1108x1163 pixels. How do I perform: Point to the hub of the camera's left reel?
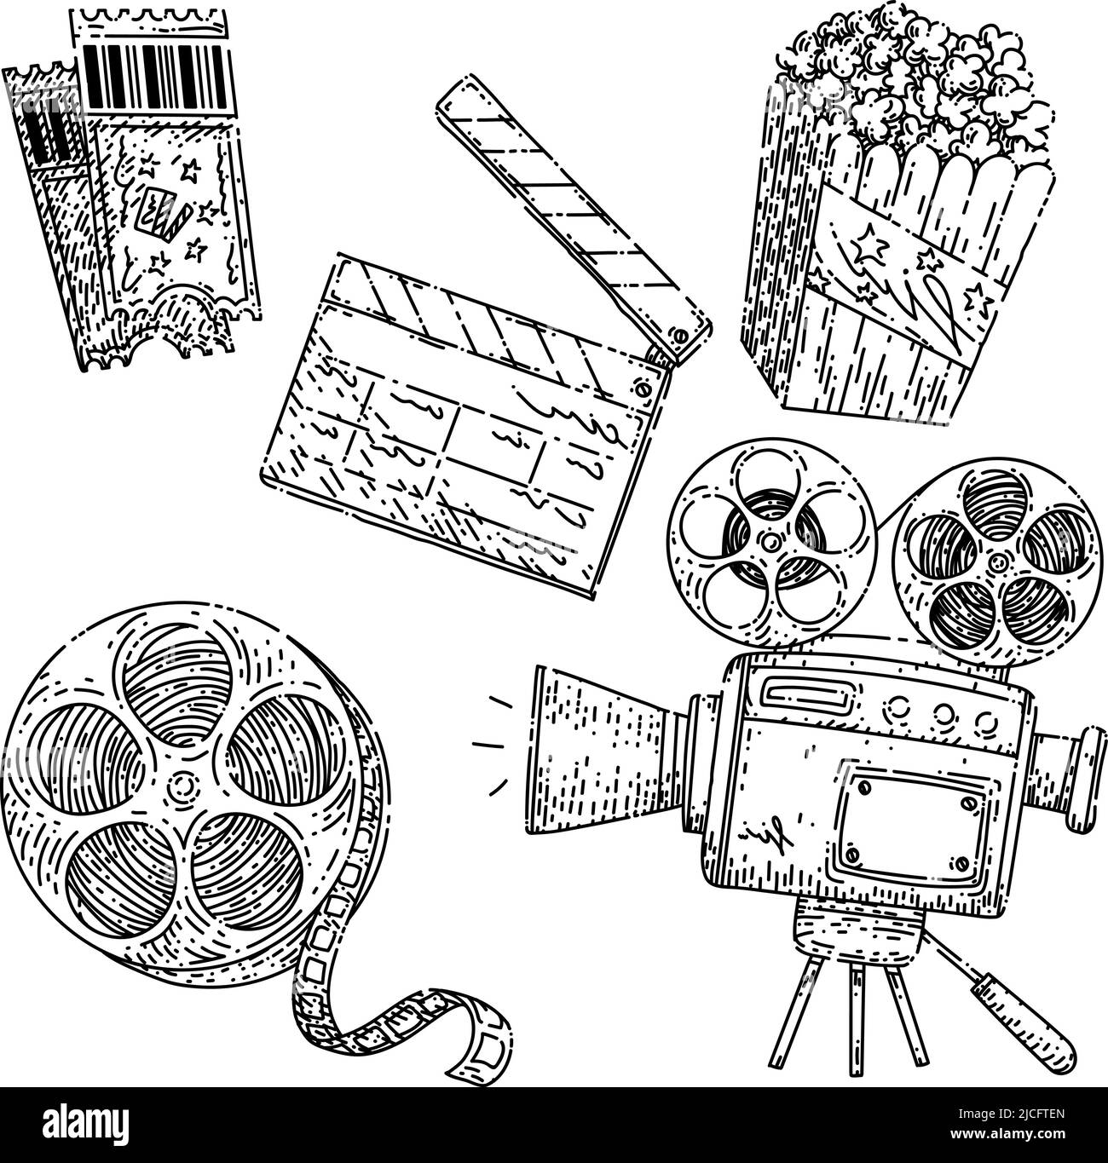pyautogui.click(x=770, y=541)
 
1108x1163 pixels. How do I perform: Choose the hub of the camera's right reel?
pyautogui.click(x=995, y=563)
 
